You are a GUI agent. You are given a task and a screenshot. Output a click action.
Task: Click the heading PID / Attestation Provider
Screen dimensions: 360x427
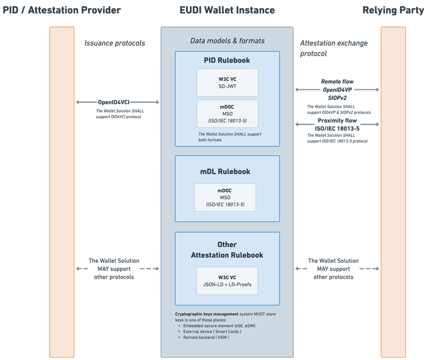pos(62,10)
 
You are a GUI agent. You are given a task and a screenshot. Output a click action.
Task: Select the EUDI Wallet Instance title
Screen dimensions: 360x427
pos(227,10)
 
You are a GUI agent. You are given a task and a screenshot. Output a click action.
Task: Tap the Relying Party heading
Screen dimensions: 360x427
pos(393,10)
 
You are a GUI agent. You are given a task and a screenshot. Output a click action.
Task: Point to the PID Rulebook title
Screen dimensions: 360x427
pos(227,60)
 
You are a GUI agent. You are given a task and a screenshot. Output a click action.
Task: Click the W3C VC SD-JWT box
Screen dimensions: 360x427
pos(227,83)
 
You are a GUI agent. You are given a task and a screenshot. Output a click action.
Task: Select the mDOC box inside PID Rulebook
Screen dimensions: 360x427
pos(227,113)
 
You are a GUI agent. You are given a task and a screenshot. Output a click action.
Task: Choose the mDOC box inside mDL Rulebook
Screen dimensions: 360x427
pos(225,197)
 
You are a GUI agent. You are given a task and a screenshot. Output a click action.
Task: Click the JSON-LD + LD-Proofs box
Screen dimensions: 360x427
pos(227,281)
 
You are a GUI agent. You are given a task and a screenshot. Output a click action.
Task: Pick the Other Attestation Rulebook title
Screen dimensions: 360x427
pos(227,250)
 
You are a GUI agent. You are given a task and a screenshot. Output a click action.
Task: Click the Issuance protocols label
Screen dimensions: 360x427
pos(114,43)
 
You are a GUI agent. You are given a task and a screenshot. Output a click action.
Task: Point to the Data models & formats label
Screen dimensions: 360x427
pos(227,41)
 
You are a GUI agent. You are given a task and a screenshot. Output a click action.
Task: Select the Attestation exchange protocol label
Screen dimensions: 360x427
pos(334,48)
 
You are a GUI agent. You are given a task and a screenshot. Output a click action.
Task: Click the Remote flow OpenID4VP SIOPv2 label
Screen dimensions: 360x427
pos(337,89)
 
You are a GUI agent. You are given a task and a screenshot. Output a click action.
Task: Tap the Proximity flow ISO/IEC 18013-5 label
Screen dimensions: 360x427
pos(337,124)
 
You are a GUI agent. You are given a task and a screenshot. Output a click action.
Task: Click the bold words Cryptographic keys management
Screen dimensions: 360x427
pos(207,314)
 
